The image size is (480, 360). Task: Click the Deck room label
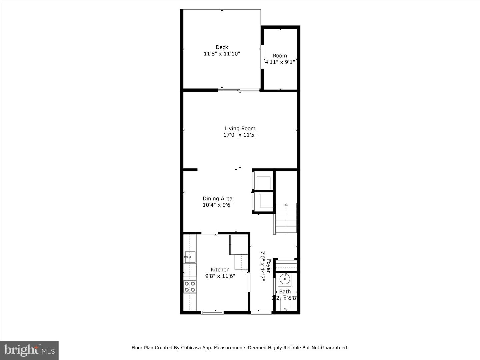pos(222,47)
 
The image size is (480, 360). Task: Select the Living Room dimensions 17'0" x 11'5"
pos(240,135)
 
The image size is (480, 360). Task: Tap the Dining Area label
pos(217,198)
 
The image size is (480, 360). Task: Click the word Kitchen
pos(220,270)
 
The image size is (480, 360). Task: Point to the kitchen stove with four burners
pos(190,287)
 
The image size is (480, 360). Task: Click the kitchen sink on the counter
pos(190,257)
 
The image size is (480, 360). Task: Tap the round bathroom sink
pos(285,279)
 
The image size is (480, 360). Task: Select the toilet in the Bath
pos(285,305)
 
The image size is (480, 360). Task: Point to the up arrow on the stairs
pos(286,204)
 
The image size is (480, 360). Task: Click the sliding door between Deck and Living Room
pos(239,90)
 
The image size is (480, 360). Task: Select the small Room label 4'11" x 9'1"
pos(280,59)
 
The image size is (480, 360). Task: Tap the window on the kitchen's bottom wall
pos(212,312)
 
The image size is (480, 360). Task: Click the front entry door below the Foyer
pos(261,312)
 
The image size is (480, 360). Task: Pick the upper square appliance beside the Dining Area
pos(264,183)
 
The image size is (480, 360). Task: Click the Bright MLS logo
pos(29,350)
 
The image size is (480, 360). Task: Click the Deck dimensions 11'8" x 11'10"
pos(222,54)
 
